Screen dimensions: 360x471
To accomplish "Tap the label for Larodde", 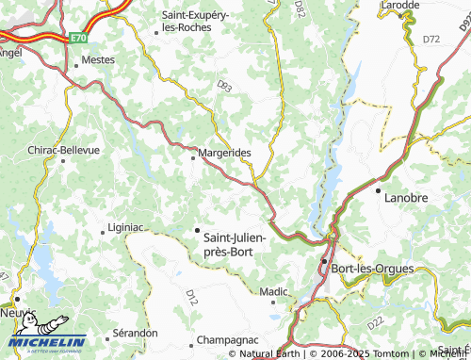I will click(x=400, y=6).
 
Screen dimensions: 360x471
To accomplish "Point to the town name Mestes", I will click(x=99, y=59).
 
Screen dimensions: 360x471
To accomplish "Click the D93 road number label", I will click(x=224, y=86).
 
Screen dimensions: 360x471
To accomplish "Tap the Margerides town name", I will click(x=225, y=152).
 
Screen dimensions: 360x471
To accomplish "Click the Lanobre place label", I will click(x=405, y=198).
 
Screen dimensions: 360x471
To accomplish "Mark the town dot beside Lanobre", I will click(x=379, y=191).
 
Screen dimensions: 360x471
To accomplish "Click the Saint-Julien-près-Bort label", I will click(x=235, y=245).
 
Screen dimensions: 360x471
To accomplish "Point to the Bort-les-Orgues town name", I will click(x=373, y=269).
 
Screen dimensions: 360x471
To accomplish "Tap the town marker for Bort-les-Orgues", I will click(x=324, y=261).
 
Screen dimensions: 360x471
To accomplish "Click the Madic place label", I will click(x=273, y=292).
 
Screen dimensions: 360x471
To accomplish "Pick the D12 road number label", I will click(x=192, y=298).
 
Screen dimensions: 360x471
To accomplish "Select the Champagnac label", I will click(x=227, y=338).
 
